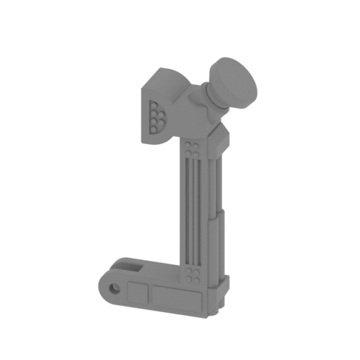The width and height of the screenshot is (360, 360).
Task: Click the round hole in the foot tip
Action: click(x=114, y=288)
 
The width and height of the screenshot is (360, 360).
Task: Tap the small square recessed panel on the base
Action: click(x=138, y=294)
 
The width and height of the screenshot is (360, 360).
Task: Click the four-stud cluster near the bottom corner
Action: click(x=193, y=274)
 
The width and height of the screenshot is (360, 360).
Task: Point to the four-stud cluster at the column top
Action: click(x=193, y=148)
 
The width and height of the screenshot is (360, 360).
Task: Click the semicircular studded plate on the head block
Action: click(x=156, y=117)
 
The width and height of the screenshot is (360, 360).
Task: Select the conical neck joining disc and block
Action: click(x=212, y=95)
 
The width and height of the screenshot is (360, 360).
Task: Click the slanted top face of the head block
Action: click(x=169, y=77)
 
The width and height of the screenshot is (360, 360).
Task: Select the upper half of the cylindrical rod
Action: click(x=219, y=183)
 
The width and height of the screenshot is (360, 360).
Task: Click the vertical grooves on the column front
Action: click(x=193, y=211)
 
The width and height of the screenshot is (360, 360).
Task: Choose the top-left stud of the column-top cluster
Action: click(x=188, y=144)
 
